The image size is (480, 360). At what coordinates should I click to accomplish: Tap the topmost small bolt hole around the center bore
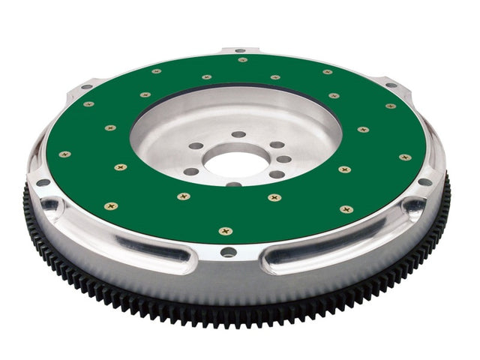(238, 134)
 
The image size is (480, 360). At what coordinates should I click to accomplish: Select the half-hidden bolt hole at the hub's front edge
(233, 183)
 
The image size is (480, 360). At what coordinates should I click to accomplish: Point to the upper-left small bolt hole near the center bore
(196, 145)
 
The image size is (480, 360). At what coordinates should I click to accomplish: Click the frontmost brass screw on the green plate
(225, 231)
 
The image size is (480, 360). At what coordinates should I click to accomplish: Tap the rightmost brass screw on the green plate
(404, 157)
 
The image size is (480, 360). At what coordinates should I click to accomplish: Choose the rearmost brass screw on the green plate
(242, 60)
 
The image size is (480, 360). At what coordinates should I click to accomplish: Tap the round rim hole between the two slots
(229, 252)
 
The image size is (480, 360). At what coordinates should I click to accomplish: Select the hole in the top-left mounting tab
(86, 87)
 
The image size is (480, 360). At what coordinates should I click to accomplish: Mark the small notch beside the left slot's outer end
(51, 204)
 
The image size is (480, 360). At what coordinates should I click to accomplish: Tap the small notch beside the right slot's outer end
(412, 205)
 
